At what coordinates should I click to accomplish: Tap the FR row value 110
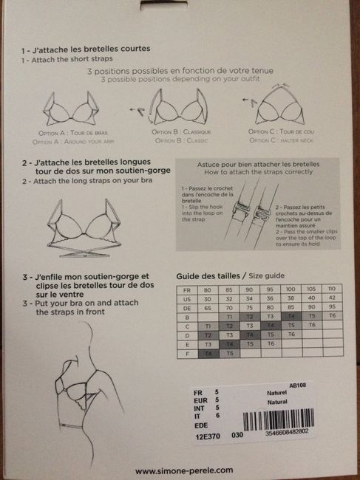332,289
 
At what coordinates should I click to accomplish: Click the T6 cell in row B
332,315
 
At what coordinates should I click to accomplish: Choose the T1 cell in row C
209,325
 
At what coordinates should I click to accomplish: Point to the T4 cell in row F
209,353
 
